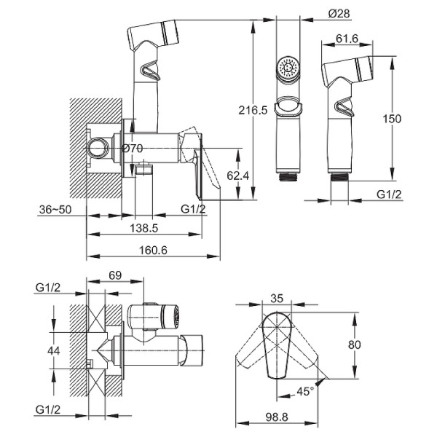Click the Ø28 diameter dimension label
pyautogui.click(x=339, y=13)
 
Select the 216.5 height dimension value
pyautogui.click(x=253, y=111)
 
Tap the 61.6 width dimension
pyautogui.click(x=347, y=39)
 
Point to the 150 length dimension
pyautogui.click(x=392, y=119)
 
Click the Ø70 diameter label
pyautogui.click(x=132, y=148)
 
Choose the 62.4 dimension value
pyautogui.click(x=237, y=176)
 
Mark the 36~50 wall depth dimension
pyautogui.click(x=55, y=210)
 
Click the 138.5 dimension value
pyautogui.click(x=143, y=228)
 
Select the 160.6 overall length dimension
pyautogui.click(x=153, y=251)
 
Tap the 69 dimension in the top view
pyautogui.click(x=115, y=275)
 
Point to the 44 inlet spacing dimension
pyautogui.click(x=53, y=350)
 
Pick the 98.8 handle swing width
pyautogui.click(x=277, y=417)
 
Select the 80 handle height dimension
pyautogui.click(x=354, y=345)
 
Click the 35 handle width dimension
pyautogui.click(x=277, y=298)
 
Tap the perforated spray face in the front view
pyautogui.click(x=288, y=67)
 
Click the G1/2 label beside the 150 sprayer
pyautogui.click(x=389, y=194)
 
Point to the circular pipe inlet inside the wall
pyautogui.click(x=98, y=148)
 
